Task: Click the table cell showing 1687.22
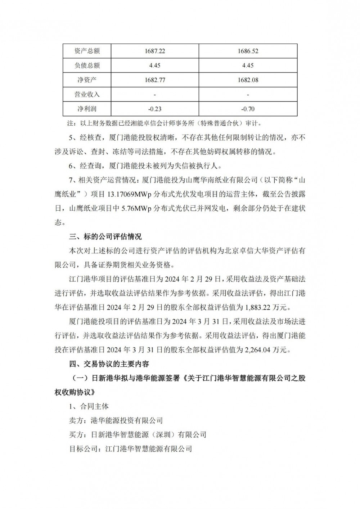point(155,51)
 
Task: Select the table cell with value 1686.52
point(248,51)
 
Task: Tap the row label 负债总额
point(87,66)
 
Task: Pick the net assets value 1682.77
point(155,80)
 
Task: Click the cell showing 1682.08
point(248,80)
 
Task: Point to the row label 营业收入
point(87,94)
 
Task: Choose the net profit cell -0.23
point(155,109)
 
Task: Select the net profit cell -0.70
point(248,109)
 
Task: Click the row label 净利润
point(87,109)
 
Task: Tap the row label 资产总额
point(87,51)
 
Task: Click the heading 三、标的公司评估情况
point(105,237)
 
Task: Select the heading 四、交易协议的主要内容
point(109,364)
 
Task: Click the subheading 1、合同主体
point(89,406)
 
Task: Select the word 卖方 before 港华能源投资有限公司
point(76,420)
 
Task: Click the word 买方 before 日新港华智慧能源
point(76,434)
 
